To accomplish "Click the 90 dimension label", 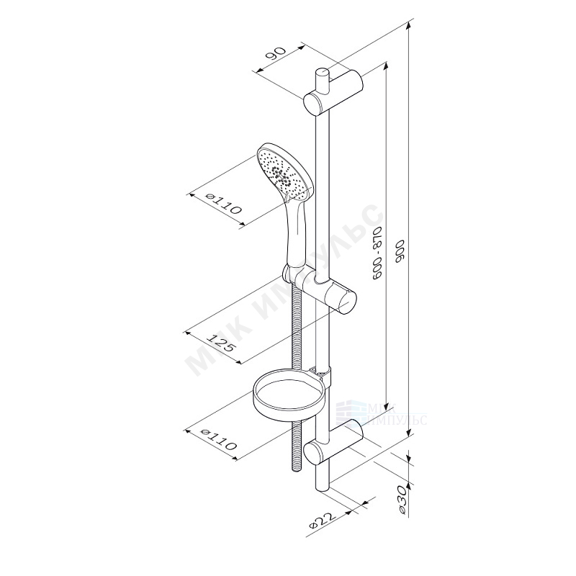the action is (276, 54).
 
